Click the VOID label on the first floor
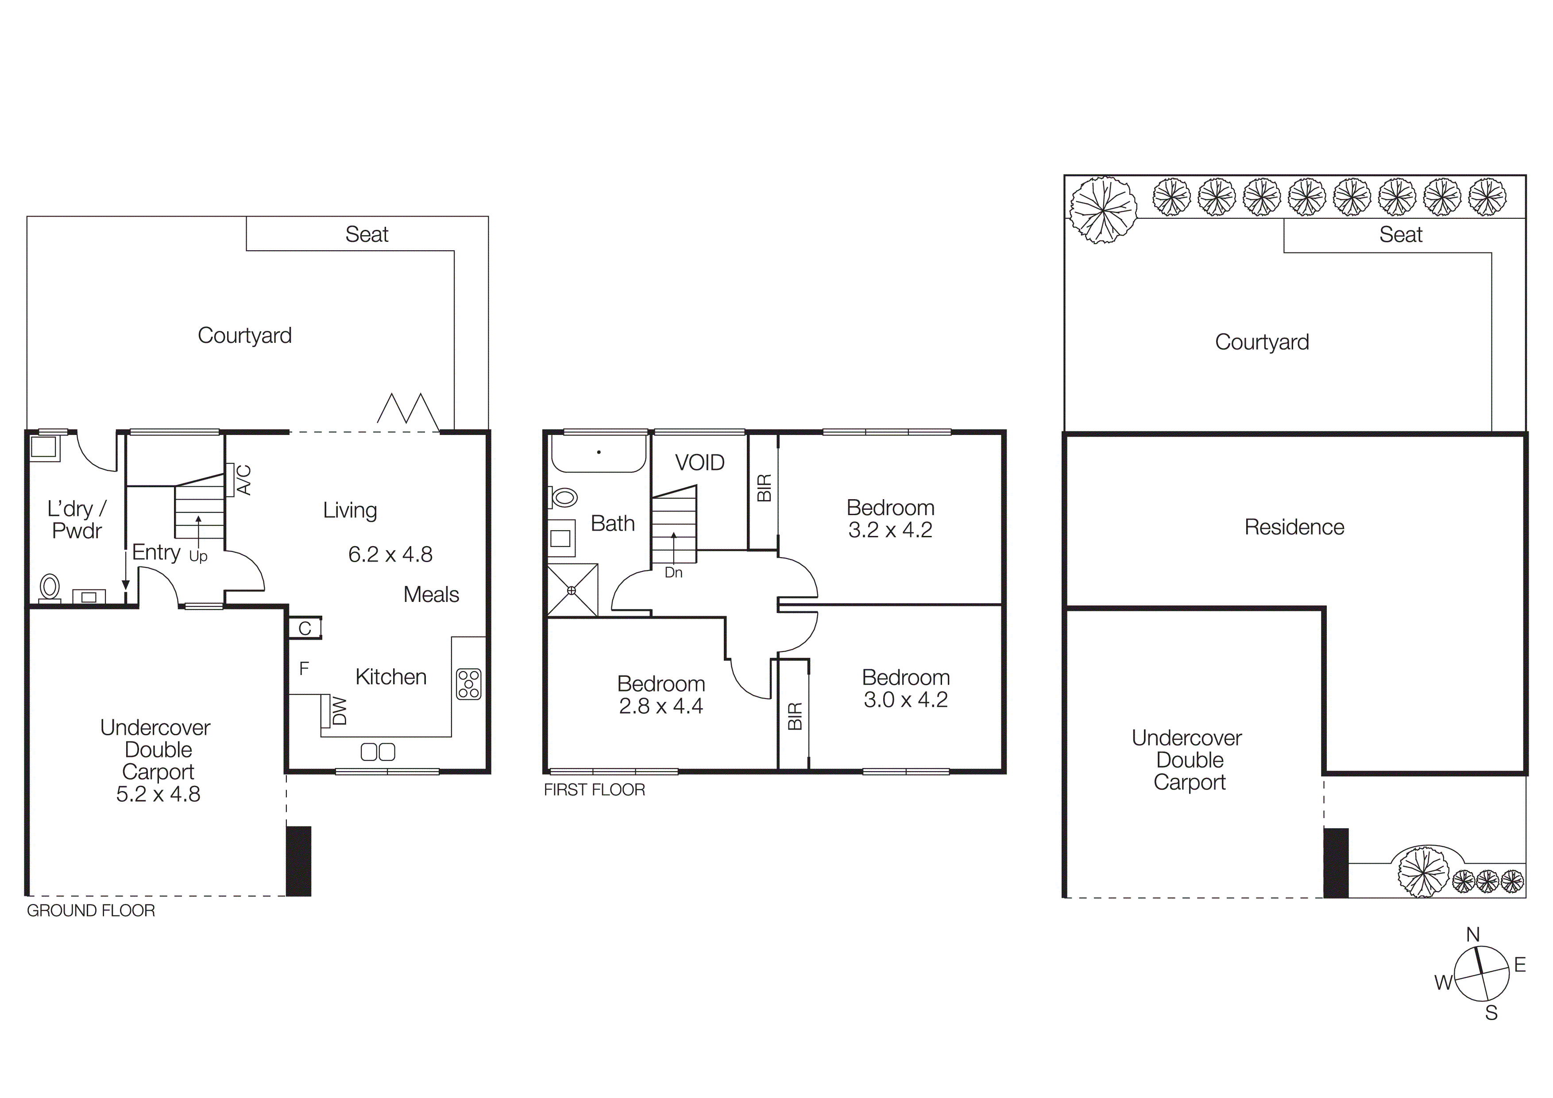[x=699, y=463]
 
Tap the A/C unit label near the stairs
[x=245, y=480]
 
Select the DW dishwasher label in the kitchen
[x=340, y=711]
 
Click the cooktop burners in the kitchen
[x=468, y=683]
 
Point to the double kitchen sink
[x=378, y=752]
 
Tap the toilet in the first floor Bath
[x=564, y=498]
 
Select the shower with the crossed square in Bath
[x=572, y=590]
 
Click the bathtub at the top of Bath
[x=598, y=453]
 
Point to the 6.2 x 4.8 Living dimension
[x=390, y=555]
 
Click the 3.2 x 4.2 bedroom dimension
[x=890, y=530]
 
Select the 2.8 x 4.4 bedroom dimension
[x=661, y=706]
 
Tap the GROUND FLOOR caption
[x=91, y=911]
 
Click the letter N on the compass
[x=1472, y=934]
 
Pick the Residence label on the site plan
[x=1294, y=527]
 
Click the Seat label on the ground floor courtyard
[x=367, y=234]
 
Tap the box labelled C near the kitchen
[x=305, y=629]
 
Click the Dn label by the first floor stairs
[x=673, y=572]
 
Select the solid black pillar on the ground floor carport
[x=298, y=861]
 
